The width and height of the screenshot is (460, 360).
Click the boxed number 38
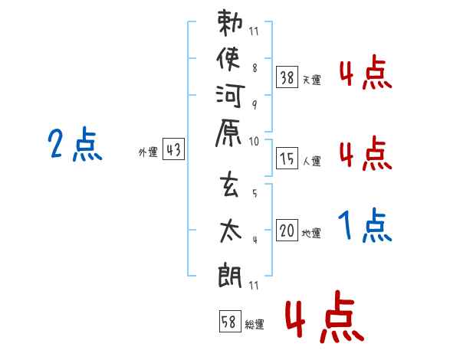(x=287, y=77)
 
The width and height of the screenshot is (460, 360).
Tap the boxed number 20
(x=287, y=231)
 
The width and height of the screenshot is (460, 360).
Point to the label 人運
(x=311, y=161)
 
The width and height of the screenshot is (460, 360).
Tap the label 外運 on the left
(x=148, y=153)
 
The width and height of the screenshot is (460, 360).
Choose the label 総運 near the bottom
(x=254, y=324)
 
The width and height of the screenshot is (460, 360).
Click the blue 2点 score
(x=75, y=145)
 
